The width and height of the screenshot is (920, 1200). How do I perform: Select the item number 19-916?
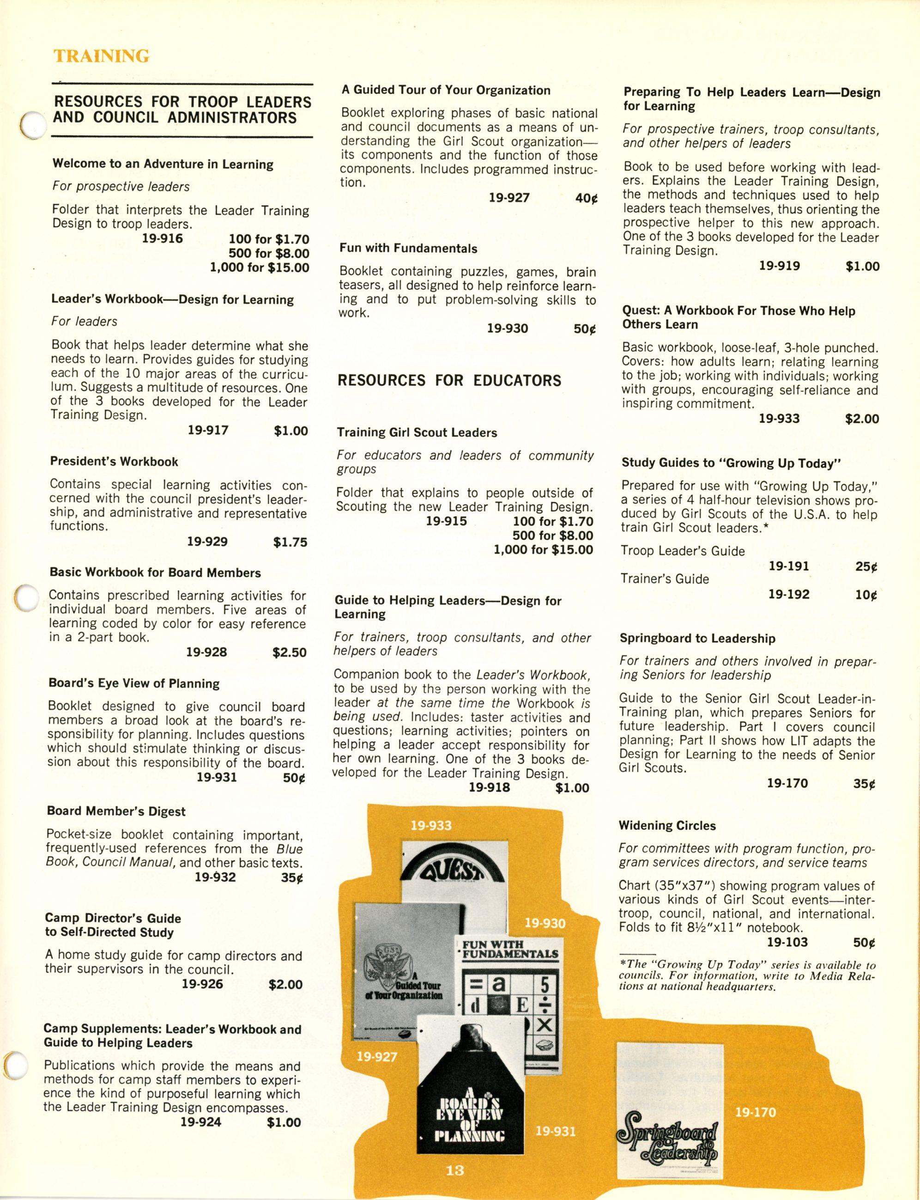[x=162, y=238]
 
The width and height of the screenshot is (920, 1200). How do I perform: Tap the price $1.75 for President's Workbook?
[x=290, y=542]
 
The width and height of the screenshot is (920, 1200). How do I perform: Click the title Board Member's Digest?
[x=116, y=811]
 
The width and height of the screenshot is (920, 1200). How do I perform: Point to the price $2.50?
[x=290, y=652]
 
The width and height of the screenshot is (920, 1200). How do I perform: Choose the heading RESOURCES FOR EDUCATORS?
[x=449, y=380]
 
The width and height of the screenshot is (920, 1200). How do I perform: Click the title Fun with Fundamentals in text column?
[x=408, y=248]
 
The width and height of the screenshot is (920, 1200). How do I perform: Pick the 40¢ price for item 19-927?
[x=587, y=198]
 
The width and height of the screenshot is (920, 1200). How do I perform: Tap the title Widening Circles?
[x=667, y=825]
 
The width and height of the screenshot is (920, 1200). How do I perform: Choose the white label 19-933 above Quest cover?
[x=431, y=825]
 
